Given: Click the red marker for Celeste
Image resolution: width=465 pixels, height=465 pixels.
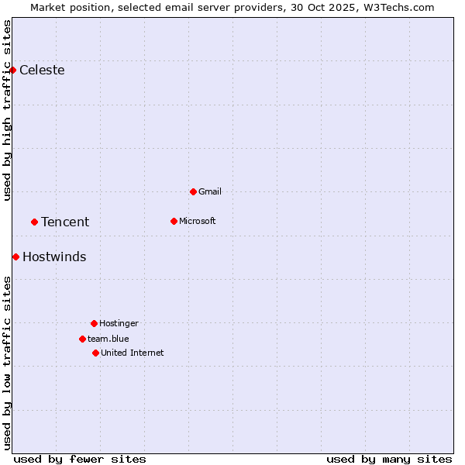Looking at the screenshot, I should coord(12,71).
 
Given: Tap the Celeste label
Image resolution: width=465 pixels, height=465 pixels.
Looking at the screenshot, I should coord(42,71).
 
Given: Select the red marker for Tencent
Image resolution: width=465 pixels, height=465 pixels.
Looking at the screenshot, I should coord(34,222).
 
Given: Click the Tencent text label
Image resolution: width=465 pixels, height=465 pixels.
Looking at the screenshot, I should coord(65,222).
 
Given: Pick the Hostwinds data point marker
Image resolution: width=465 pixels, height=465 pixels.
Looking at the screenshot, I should coord(15,257).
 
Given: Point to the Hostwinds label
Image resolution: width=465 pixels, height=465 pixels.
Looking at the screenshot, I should coord(54,257).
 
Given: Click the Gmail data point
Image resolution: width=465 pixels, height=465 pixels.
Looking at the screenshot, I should coord(193,191).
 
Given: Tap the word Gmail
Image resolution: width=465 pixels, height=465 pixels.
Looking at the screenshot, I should coord(210,192).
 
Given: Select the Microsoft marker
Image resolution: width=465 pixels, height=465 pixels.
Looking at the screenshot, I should coord(174,221).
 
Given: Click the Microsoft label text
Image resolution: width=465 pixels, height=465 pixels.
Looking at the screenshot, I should coord(198,222).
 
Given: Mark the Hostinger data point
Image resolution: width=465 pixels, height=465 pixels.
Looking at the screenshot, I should coord(94,323).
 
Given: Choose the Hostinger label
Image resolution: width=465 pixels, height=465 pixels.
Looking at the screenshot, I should coord(119,324).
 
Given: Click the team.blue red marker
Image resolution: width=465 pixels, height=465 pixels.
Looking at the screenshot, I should coord(82,339).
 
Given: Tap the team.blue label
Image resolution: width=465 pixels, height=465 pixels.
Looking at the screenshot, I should coord(108,339).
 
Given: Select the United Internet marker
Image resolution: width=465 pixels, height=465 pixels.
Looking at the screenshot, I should coord(95,353).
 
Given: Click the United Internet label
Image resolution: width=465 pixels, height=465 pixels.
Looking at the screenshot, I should coord(133,353).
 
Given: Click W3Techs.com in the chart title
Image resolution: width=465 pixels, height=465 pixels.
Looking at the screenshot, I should coord(401,8).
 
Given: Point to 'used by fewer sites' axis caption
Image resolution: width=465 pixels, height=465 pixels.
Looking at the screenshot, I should coord(80,459).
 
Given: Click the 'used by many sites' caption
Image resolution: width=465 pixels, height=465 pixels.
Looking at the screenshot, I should coord(389,459).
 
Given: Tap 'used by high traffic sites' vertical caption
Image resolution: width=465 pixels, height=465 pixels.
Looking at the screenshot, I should coord(8,110).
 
